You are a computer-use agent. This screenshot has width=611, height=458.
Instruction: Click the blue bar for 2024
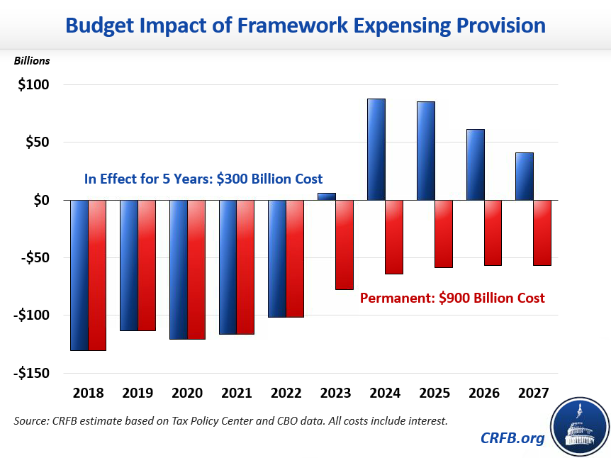pyautogui.click(x=376, y=149)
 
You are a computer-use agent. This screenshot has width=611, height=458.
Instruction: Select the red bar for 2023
pyautogui.click(x=344, y=245)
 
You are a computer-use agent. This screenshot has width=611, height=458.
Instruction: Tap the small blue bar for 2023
pyautogui.click(x=327, y=196)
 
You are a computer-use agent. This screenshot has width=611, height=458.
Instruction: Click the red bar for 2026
pyautogui.click(x=493, y=233)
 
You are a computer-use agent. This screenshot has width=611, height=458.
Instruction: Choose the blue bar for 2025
pyautogui.click(x=426, y=150)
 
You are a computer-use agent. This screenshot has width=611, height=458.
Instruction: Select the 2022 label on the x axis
pyautogui.click(x=286, y=393)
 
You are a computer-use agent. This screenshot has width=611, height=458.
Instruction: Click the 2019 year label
pyautogui.click(x=138, y=393)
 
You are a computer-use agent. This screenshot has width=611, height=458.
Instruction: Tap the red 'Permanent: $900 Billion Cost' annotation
pyautogui.click(x=452, y=298)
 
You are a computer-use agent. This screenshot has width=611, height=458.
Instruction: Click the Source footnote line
pyautogui.click(x=230, y=421)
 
